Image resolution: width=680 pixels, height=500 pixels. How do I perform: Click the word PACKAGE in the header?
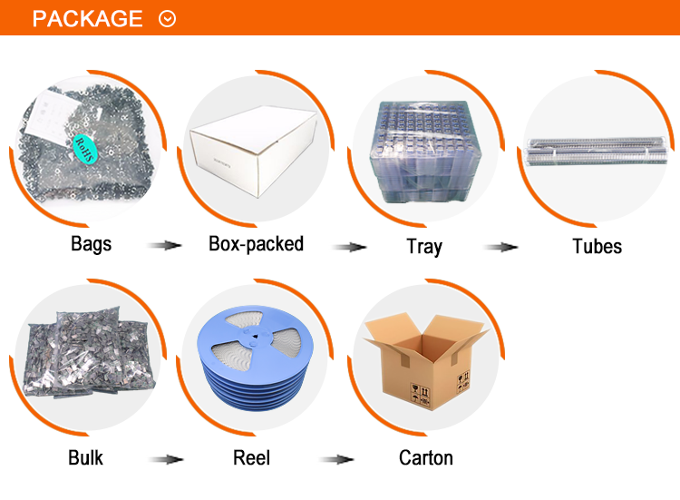pyautogui.click(x=87, y=18)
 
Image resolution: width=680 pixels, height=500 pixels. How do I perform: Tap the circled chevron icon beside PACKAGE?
pyautogui.click(x=167, y=18)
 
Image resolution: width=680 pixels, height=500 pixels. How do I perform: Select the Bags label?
pyautogui.click(x=91, y=244)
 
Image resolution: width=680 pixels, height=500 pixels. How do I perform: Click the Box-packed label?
pyautogui.click(x=256, y=243)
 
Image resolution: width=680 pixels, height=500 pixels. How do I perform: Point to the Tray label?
pyautogui.click(x=424, y=246)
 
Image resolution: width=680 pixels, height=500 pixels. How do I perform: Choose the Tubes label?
pyautogui.click(x=597, y=246)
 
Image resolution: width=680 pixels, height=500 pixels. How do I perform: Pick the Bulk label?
pyautogui.click(x=86, y=457)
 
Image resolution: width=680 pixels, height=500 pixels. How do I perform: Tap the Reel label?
pyautogui.click(x=252, y=457)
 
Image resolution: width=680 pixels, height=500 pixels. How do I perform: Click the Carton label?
pyautogui.click(x=426, y=457)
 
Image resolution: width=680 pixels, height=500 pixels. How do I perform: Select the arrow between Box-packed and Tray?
pyautogui.click(x=349, y=246)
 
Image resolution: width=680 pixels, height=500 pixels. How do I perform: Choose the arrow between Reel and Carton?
pyautogui.click(x=337, y=459)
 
